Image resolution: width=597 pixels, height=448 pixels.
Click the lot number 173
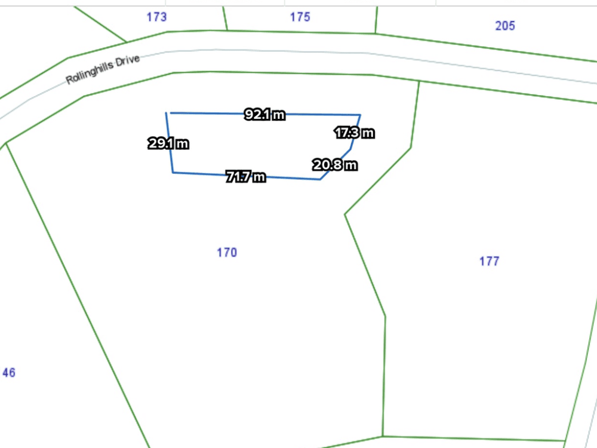(156, 17)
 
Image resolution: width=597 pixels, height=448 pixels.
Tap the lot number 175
(300, 17)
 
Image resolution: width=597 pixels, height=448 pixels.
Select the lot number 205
(505, 25)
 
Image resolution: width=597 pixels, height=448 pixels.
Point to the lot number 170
(227, 252)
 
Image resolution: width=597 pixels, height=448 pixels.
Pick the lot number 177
(489, 261)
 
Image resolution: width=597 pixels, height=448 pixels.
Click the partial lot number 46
(8, 373)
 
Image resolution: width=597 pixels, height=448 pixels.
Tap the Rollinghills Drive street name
(103, 70)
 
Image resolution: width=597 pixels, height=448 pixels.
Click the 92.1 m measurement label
(264, 115)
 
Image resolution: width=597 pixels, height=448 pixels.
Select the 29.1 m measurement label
(168, 143)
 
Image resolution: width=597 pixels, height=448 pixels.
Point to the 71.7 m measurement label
(245, 176)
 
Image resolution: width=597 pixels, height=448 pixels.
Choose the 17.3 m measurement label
(354, 133)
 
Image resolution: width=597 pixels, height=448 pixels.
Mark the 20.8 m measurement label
(335, 165)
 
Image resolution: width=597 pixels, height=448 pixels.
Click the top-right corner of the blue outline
(360, 115)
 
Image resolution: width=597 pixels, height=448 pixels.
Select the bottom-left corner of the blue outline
(173, 173)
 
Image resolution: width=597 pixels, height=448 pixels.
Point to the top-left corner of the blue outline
(166, 112)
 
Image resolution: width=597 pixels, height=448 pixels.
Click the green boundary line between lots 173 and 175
(225, 18)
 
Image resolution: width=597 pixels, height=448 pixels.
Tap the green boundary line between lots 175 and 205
(376, 19)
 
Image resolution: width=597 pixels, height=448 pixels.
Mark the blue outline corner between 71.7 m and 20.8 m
(321, 179)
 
